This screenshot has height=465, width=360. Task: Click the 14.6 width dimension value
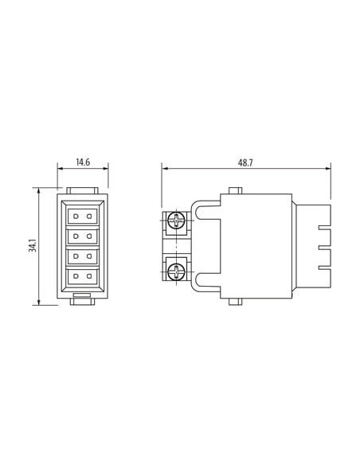(83, 162)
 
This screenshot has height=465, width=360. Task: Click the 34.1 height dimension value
(33, 245)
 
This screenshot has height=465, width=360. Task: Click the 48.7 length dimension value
(245, 162)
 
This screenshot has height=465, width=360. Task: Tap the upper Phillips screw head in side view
(176, 221)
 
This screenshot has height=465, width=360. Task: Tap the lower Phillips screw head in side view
(176, 272)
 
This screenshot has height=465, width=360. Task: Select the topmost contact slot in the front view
(83, 217)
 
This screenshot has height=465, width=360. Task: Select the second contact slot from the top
(83, 236)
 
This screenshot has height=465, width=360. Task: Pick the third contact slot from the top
(83, 256)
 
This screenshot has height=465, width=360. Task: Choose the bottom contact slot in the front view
(83, 276)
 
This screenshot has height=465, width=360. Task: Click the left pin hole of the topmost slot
(76, 217)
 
